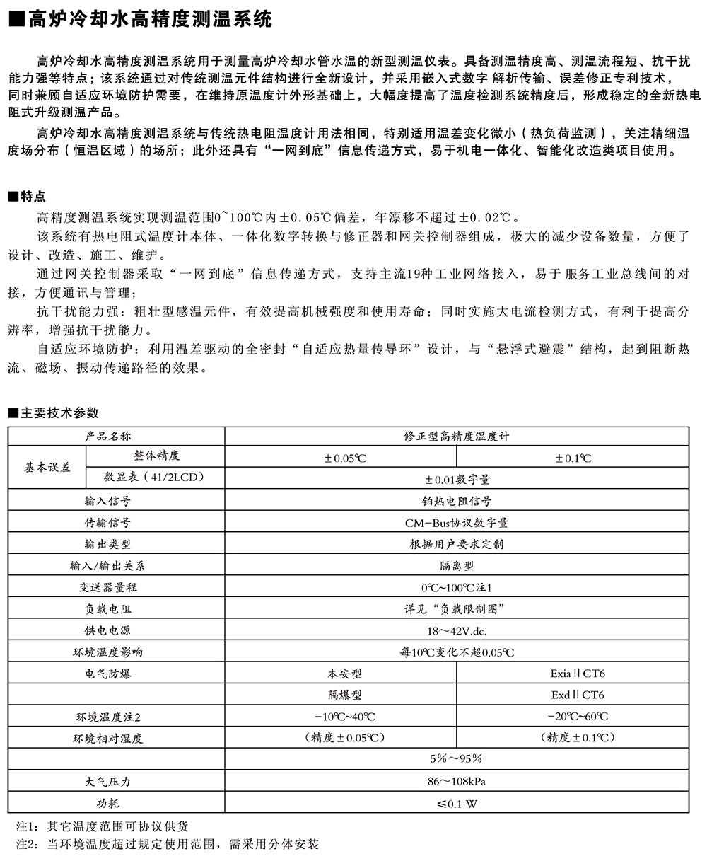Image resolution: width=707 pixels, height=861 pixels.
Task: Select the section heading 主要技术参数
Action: coord(52,413)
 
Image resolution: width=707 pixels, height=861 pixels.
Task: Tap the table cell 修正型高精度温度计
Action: coord(456,437)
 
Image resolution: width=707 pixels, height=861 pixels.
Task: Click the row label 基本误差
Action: coord(47,468)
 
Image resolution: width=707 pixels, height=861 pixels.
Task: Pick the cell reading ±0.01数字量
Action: coord(456,479)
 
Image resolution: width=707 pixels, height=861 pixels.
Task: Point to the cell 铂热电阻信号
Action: coord(456,501)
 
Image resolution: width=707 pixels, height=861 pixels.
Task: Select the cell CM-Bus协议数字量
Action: coord(456,523)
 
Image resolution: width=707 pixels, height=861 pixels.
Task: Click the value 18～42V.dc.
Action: coord(456,630)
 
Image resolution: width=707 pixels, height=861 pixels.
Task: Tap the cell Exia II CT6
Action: coord(573,674)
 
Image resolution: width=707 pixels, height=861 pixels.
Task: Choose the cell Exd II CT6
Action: coord(573,695)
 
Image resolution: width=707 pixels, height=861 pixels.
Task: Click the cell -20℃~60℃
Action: coord(573,717)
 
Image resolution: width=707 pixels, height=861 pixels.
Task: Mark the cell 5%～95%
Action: coord(456,759)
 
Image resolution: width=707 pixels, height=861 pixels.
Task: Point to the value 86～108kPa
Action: coord(456,781)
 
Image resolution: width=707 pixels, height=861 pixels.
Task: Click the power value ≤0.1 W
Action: coord(456,803)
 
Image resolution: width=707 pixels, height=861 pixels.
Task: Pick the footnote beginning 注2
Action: coord(167,844)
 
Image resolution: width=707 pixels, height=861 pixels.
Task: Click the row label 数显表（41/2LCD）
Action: coord(154,478)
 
